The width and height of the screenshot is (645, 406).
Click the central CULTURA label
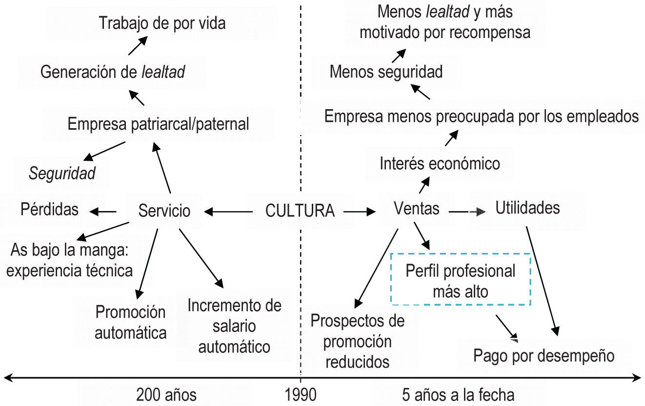[300, 211]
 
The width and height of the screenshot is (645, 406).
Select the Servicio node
[164, 211]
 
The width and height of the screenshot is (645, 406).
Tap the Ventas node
[416, 209]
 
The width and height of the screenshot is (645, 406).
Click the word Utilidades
[527, 208]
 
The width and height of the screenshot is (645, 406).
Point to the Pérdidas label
[49, 210]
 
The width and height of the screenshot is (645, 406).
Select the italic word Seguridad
[62, 174]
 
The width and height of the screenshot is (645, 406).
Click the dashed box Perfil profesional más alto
[460, 280]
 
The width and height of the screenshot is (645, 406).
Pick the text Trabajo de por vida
[162, 22]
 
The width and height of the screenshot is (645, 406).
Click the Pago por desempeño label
[544, 356]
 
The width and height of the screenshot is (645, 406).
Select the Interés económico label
[440, 163]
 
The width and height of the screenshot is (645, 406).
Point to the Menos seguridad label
[386, 72]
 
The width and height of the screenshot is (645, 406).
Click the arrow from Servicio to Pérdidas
[103, 211]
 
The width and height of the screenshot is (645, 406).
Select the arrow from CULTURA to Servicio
[229, 212]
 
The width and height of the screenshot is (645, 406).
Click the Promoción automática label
[130, 322]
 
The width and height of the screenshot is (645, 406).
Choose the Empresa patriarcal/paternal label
[158, 124]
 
